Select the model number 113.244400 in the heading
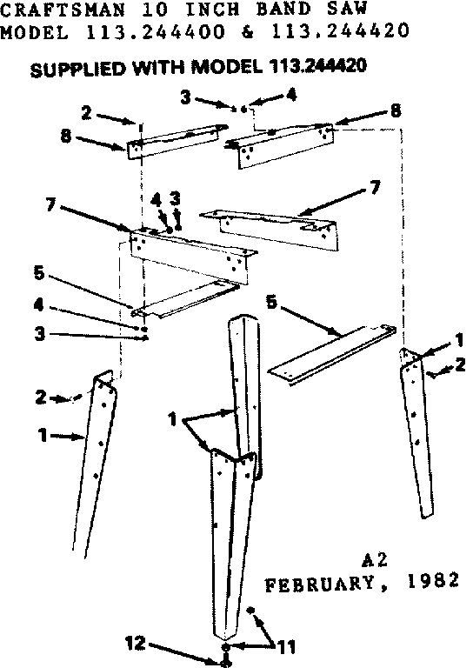(x=143, y=34)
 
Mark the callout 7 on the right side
(x=375, y=188)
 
